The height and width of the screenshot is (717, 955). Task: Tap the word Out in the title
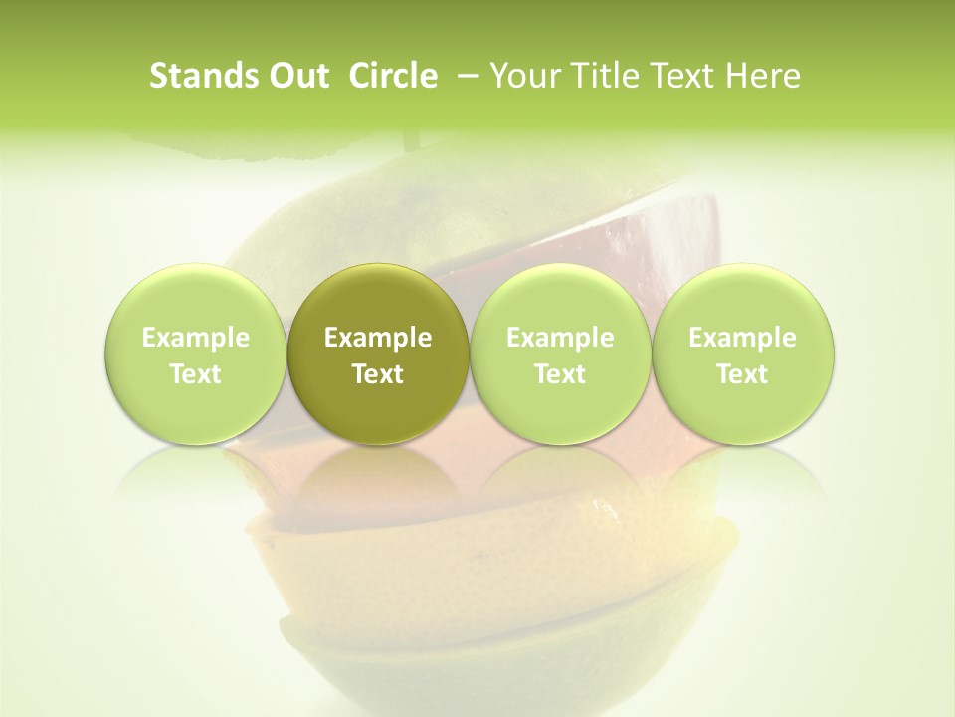[295, 76]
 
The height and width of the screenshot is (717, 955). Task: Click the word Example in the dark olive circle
[378, 339]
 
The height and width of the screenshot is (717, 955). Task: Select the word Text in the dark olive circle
[378, 374]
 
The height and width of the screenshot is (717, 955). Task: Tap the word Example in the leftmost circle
[196, 339]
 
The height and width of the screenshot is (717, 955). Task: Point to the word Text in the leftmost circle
[196, 374]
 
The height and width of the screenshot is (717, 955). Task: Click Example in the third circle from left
[560, 339]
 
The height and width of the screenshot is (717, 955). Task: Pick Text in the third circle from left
[560, 374]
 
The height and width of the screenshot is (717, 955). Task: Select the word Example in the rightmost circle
[742, 339]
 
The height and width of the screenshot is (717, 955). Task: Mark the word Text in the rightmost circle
[742, 374]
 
